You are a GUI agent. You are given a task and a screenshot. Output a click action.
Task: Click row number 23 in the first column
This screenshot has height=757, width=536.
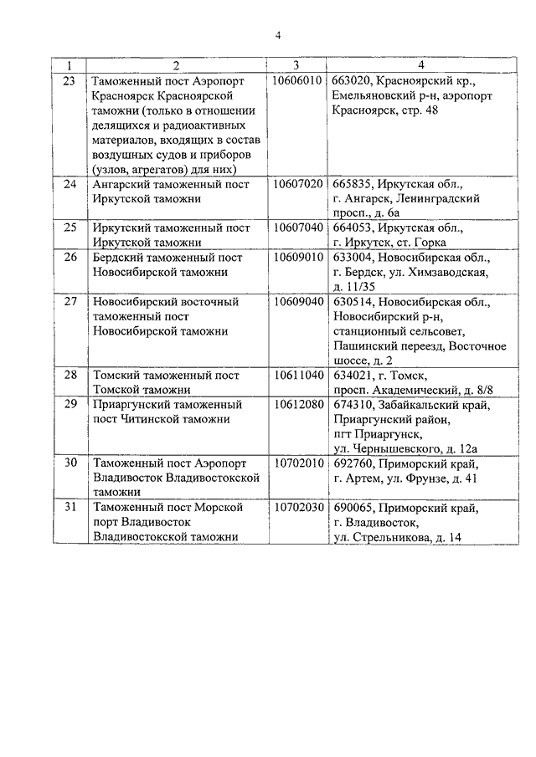pyautogui.click(x=70, y=81)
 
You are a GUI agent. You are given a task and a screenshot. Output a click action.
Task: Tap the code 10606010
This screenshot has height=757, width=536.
pyautogui.click(x=297, y=81)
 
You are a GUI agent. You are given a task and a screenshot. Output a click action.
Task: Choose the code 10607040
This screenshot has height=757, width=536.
pyautogui.click(x=297, y=228)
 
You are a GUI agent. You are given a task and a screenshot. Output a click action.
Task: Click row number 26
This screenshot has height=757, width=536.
pyautogui.click(x=70, y=257)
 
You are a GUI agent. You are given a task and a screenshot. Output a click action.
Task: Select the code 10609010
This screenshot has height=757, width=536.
pyautogui.click(x=297, y=257)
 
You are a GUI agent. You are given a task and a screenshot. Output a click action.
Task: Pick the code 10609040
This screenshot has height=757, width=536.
pyautogui.click(x=297, y=301)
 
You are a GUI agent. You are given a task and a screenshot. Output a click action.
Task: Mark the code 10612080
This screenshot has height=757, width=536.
pyautogui.click(x=297, y=405)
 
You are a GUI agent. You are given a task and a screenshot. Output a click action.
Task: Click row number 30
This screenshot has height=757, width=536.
pyautogui.click(x=70, y=463)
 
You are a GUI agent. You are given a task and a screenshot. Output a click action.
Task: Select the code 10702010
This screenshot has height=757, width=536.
pyautogui.click(x=297, y=463)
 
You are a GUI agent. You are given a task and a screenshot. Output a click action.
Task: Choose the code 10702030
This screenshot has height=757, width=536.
pyautogui.click(x=297, y=508)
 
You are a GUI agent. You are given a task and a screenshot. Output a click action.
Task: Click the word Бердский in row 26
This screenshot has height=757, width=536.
pyautogui.click(x=116, y=257)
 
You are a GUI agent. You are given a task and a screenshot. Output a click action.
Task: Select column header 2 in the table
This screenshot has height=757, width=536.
pyautogui.click(x=176, y=65)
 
